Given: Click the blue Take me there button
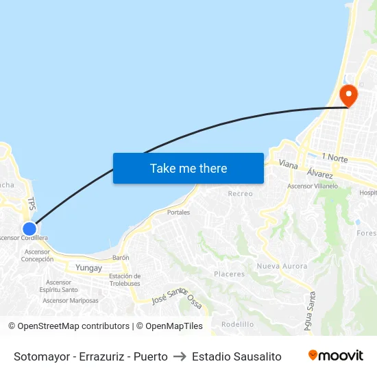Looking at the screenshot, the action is pyautogui.click(x=188, y=168).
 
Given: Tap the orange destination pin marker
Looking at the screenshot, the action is pyautogui.click(x=348, y=95).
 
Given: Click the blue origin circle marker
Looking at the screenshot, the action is pyautogui.click(x=29, y=229).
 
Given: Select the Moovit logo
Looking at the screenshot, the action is pyautogui.click(x=335, y=356).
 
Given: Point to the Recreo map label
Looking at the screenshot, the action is pyautogui.click(x=240, y=194).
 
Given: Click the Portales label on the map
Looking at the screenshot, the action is pyautogui.click(x=178, y=212).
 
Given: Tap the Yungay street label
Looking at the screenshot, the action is pyautogui.click(x=88, y=267).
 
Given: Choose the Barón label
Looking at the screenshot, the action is pyautogui.click(x=121, y=258).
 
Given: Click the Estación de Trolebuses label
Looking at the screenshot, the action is pyautogui.click(x=125, y=280).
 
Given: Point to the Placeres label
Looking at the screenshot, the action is pyautogui.click(x=229, y=274).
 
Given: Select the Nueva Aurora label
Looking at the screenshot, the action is pyautogui.click(x=282, y=266).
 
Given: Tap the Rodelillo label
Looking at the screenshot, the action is pyautogui.click(x=237, y=324).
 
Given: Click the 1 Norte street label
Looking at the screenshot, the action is pyautogui.click(x=335, y=158).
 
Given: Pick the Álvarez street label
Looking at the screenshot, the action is pyautogui.click(x=320, y=174).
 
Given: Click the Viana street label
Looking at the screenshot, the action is pyautogui.click(x=289, y=165).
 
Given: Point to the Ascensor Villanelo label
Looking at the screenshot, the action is pyautogui.click(x=313, y=186).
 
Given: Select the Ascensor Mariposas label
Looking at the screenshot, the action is pyautogui.click(x=71, y=300).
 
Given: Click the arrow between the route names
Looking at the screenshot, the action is pyautogui.click(x=180, y=356).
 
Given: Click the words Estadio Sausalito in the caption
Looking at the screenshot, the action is pyautogui.click(x=236, y=356).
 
